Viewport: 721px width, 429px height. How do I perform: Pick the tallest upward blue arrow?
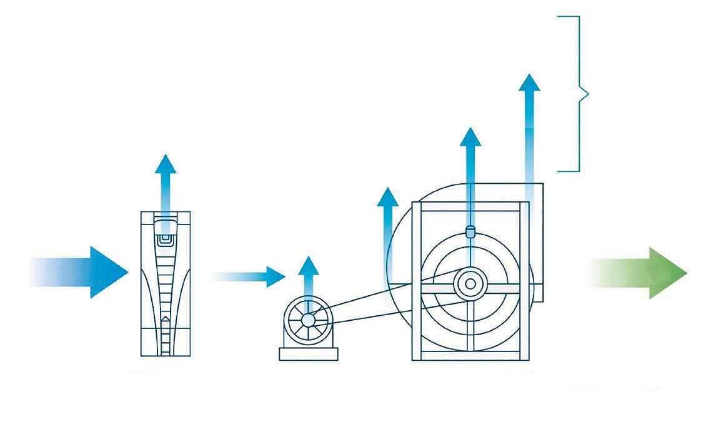pyautogui.click(x=529, y=125)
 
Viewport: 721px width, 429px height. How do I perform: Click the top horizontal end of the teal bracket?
pyautogui.click(x=569, y=17)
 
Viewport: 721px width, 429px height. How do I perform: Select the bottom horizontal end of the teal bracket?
pyautogui.click(x=569, y=170)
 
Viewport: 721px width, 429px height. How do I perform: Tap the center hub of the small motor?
pyautogui.click(x=307, y=320)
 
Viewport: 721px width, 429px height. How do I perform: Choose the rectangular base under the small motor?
pyautogui.click(x=308, y=354)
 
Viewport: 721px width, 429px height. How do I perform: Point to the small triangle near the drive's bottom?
pyautogui.click(x=165, y=319)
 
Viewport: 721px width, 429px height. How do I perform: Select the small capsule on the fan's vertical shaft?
pyautogui.click(x=470, y=231)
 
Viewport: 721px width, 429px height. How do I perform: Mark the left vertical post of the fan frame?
pyautogui.click(x=417, y=281)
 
